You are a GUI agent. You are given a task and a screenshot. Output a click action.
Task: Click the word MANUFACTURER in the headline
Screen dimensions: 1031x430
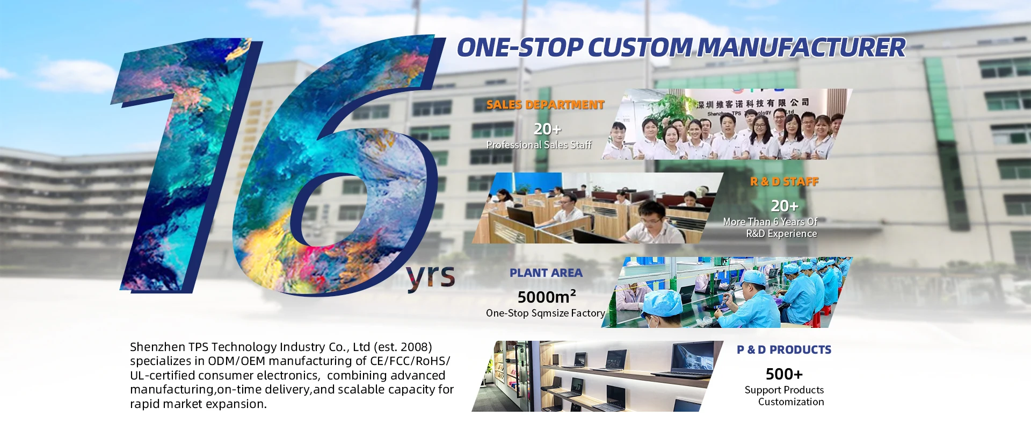tap(801, 47)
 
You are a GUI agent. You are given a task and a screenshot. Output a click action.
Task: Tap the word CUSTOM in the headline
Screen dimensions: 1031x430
tap(640, 47)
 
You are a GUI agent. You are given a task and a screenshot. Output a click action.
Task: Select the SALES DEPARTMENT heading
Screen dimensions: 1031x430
tap(545, 105)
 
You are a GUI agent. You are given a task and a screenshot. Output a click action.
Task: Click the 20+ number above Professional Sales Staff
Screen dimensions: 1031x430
tap(547, 129)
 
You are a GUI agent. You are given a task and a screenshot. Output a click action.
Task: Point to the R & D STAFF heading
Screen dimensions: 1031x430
tap(784, 182)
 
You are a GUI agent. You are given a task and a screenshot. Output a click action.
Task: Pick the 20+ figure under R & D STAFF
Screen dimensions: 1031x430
tap(785, 206)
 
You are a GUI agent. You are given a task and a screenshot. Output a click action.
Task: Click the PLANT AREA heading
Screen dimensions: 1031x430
tap(546, 273)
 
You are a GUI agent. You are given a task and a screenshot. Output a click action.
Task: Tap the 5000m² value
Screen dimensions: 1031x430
tap(547, 296)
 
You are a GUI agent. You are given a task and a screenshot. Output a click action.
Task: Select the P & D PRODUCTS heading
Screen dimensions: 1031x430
tap(784, 350)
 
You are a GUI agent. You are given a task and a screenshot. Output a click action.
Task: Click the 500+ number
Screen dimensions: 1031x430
tap(784, 374)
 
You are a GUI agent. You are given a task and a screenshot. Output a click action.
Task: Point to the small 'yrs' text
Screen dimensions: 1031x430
tap(431, 277)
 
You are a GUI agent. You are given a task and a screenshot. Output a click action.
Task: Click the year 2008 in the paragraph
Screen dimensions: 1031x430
tap(413, 347)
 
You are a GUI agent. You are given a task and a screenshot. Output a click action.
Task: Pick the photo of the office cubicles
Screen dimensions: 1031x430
tap(597, 208)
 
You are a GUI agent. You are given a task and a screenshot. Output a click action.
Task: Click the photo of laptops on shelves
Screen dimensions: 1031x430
tap(597, 376)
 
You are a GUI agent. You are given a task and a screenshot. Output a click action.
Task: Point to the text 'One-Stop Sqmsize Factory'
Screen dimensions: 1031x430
tap(546, 313)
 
